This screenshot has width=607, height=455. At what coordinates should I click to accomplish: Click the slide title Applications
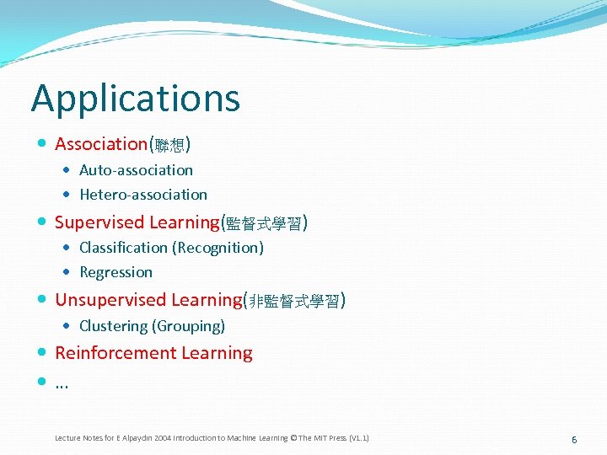tap(136, 99)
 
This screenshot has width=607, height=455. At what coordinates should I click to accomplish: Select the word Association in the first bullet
tap(101, 144)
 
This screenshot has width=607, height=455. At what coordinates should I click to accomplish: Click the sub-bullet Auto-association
tap(136, 170)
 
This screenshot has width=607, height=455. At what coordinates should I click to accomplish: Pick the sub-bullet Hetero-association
tap(143, 195)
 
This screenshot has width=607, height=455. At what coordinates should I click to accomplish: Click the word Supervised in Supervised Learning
tap(99, 222)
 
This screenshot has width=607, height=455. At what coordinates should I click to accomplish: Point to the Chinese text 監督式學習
tap(264, 224)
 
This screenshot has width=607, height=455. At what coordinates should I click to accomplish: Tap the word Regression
tap(115, 272)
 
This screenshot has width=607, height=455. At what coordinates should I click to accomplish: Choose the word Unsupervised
tap(111, 300)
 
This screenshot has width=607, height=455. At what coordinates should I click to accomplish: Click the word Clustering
tap(113, 326)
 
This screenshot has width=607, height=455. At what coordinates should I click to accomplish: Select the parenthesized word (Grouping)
tap(188, 326)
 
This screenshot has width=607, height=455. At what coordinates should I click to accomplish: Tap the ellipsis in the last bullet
tap(62, 383)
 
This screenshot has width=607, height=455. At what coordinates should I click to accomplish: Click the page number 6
tap(574, 440)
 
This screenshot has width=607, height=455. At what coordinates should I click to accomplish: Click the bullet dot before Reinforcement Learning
tap(43, 353)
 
